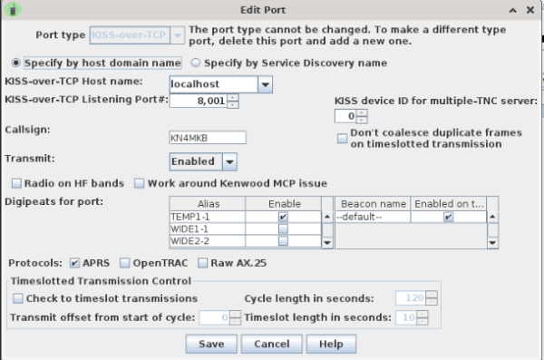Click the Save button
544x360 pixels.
point(211,344)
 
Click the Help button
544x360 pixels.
point(331,344)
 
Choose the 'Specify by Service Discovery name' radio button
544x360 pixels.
point(195,63)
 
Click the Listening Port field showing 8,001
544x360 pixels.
point(197,102)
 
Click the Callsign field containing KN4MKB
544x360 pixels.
point(208,138)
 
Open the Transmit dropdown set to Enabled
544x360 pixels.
point(203,161)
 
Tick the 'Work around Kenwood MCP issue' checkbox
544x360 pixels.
point(139,183)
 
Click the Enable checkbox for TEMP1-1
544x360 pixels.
point(283,218)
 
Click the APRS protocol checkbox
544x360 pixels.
point(74,263)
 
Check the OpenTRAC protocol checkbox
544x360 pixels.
point(124,263)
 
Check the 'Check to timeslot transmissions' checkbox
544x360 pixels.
point(18,298)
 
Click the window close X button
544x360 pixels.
point(532,9)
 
